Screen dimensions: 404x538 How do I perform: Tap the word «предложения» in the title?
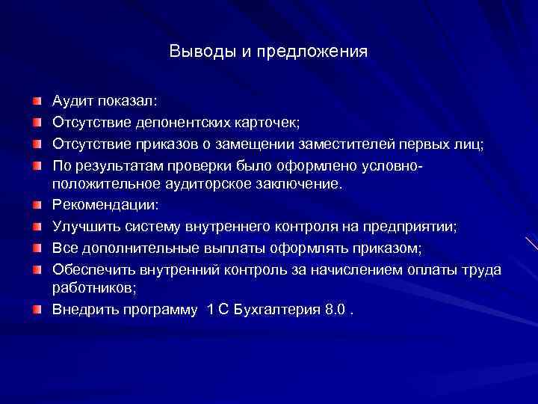(x=322, y=52)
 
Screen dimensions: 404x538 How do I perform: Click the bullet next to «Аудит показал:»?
(x=37, y=100)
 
